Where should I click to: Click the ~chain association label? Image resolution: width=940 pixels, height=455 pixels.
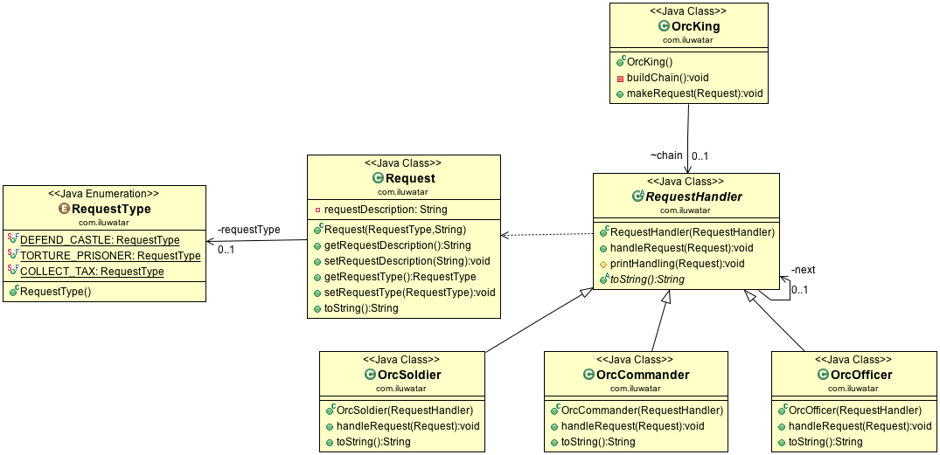pyautogui.click(x=665, y=155)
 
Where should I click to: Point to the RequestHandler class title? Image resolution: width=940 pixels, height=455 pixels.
pyautogui.click(x=693, y=196)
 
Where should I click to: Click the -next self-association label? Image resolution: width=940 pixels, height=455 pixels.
pyautogui.click(x=803, y=270)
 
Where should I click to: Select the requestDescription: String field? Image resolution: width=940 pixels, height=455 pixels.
pyautogui.click(x=385, y=210)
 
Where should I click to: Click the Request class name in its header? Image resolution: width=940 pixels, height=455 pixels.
pyautogui.click(x=410, y=178)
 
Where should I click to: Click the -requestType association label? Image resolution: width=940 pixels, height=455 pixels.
pyautogui.click(x=248, y=230)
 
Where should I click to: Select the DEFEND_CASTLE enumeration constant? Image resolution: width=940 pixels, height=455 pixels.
pyautogui.click(x=100, y=240)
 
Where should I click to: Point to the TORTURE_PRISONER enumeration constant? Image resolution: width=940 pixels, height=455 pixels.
pyautogui.click(x=109, y=256)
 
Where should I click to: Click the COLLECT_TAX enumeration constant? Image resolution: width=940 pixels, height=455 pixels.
pyautogui.click(x=92, y=272)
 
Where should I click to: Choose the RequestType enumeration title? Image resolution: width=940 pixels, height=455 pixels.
pyautogui.click(x=111, y=209)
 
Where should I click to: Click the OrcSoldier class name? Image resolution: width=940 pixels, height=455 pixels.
pyautogui.click(x=409, y=375)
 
